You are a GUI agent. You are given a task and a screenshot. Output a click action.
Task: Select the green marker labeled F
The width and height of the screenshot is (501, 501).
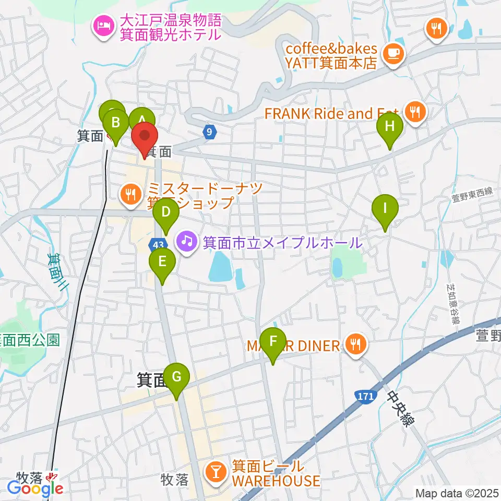272,342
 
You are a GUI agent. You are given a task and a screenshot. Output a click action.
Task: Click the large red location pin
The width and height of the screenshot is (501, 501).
144,137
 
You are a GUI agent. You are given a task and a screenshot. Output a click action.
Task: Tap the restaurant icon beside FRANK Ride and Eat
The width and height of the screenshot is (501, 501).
416,111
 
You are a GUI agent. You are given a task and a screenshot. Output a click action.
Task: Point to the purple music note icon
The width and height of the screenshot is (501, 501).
185,241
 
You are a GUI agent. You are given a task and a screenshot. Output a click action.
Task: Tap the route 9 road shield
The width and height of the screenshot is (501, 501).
209,132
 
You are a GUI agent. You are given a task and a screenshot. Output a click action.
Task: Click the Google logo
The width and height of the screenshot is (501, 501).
35,488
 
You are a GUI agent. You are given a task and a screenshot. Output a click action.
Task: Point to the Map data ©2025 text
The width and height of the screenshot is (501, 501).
456,493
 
